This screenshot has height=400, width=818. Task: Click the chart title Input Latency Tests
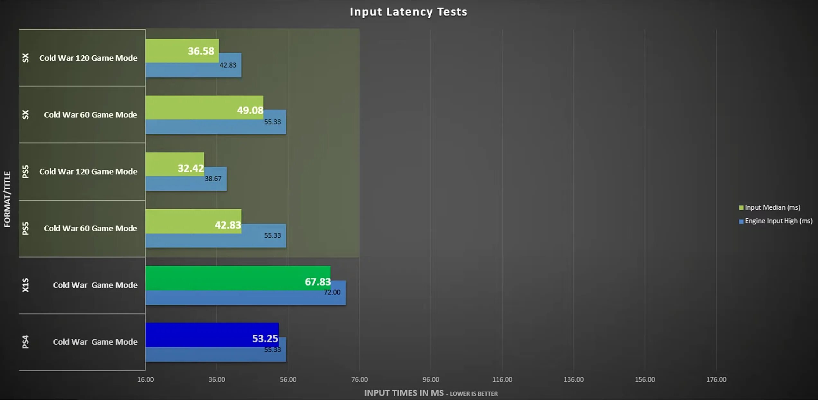(x=408, y=12)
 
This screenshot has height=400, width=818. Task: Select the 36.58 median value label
(x=201, y=51)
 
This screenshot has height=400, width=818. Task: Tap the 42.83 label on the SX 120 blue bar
(x=228, y=65)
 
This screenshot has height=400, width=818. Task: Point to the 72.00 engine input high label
(x=332, y=292)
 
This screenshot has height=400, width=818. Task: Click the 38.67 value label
(x=213, y=179)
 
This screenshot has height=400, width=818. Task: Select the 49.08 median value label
(x=250, y=111)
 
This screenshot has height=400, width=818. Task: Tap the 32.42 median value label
(x=191, y=168)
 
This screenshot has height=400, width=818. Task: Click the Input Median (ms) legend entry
(x=772, y=207)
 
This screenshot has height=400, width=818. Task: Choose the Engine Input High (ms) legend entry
(x=778, y=221)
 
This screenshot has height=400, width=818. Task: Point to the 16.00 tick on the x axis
(x=145, y=379)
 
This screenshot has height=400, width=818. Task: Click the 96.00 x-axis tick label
(x=431, y=379)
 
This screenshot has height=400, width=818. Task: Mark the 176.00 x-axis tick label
(x=716, y=379)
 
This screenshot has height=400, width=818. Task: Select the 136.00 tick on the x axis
(x=573, y=379)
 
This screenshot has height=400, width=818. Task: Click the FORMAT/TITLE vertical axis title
(x=7, y=199)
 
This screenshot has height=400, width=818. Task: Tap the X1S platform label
(x=25, y=285)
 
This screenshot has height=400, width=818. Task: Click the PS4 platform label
(x=25, y=342)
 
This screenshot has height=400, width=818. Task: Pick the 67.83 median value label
(x=318, y=282)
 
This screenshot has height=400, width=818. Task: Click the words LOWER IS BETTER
(x=473, y=394)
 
